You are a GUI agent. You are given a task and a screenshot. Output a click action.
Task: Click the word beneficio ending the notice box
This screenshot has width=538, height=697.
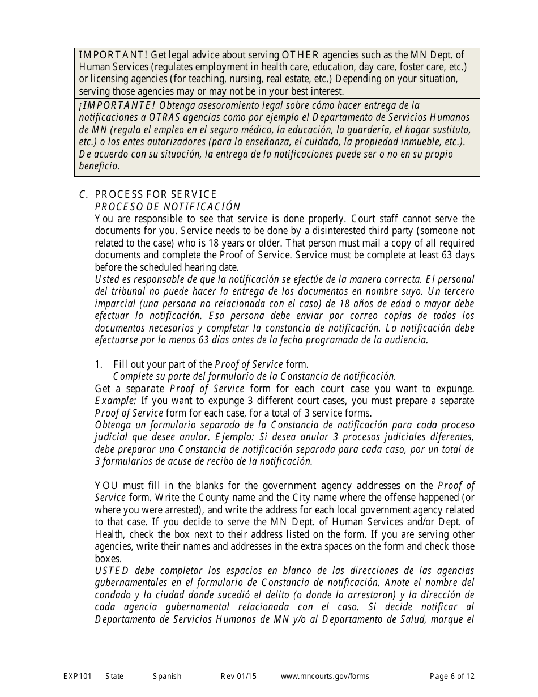(99, 166)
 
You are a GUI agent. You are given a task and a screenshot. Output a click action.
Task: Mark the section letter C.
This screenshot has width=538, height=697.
(83, 194)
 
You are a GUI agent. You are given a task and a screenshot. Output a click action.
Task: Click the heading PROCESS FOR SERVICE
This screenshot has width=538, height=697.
(156, 194)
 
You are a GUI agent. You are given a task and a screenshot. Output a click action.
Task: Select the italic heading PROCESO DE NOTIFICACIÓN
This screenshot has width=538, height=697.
(168, 206)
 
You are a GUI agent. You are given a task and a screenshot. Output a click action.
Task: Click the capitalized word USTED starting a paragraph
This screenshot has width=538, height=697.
(112, 571)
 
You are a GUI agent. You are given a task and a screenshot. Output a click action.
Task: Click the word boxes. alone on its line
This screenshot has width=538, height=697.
(108, 558)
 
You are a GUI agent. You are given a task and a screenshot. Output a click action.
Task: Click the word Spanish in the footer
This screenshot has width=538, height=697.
(167, 676)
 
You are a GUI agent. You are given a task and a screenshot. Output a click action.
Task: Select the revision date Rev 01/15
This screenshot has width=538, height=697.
(238, 676)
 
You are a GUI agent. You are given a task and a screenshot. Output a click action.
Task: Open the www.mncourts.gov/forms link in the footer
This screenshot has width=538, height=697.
(325, 676)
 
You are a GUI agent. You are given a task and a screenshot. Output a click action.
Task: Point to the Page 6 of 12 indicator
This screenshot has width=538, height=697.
(452, 676)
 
